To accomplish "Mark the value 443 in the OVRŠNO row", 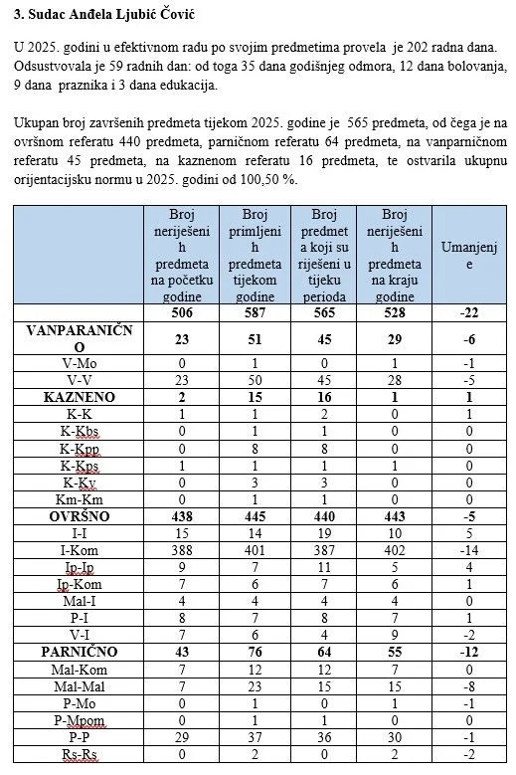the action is tap(395, 516).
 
